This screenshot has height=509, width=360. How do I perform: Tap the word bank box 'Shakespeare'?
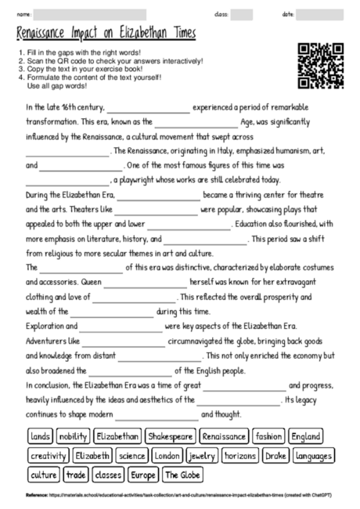pos(169,436)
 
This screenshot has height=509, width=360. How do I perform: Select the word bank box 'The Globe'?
pos(183,475)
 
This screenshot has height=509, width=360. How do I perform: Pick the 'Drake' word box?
pos(275,456)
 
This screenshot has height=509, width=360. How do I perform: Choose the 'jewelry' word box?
pos(202,456)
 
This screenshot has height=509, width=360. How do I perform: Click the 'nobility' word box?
pos(73,436)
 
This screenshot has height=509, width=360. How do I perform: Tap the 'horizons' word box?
pos(239,456)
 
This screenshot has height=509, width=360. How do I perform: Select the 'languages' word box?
pos(313,456)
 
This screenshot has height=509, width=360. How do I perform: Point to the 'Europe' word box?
pos(143,475)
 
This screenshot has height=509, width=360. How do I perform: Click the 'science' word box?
pos(131,456)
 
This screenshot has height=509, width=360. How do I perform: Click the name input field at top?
pos(89,15)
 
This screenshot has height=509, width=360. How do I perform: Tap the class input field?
pos(241,15)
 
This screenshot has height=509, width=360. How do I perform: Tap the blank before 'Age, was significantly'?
pos(196,123)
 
